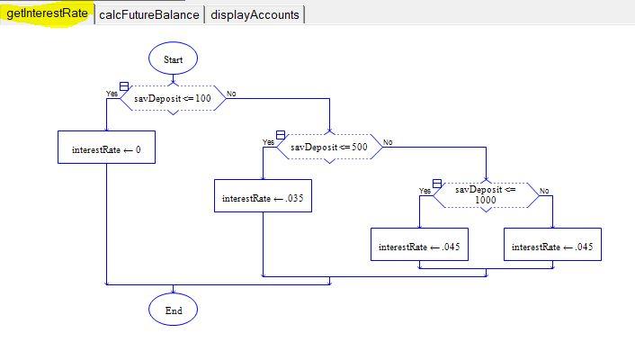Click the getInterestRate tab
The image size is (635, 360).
pos(47,14)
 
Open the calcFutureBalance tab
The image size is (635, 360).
pos(148,14)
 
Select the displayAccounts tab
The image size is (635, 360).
pos(255,14)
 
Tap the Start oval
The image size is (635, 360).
pos(174,58)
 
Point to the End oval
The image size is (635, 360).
pos(174,310)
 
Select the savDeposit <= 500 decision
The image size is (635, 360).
pos(329,147)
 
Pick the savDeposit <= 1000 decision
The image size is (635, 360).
pos(486,194)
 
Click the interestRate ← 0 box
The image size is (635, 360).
pos(106,148)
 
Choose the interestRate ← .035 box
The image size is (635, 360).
pos(263,196)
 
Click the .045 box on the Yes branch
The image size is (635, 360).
pos(420,246)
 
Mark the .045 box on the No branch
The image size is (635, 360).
pos(552,246)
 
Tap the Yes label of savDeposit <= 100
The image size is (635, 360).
pos(112,94)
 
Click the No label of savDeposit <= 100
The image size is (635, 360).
pos(231,94)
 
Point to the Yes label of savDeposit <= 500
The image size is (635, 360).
pos(268,142)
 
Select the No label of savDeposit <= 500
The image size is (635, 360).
pos(388,142)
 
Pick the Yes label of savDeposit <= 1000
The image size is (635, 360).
pos(425,191)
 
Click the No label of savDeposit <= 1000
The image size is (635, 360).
pos(543,191)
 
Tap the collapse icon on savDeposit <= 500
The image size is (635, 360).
pos(281,135)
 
